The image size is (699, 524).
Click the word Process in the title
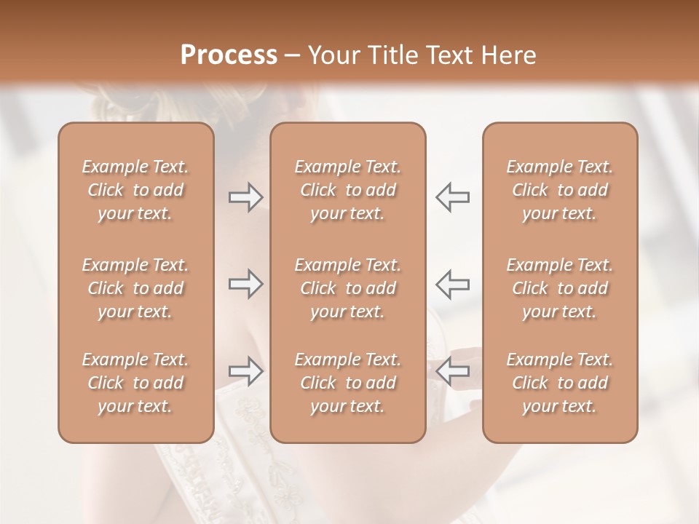229,55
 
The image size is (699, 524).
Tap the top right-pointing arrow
245,197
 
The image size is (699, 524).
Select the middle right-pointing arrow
245,284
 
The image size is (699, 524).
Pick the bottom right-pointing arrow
245,371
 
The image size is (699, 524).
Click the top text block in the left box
135,190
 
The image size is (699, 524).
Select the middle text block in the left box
135,288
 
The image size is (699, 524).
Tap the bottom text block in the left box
135,383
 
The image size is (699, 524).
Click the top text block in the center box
348,190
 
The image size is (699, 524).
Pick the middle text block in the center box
348,288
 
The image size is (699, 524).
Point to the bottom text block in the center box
348,383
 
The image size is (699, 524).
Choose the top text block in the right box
560,190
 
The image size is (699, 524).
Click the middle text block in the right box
560,288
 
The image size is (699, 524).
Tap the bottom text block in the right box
560,383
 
